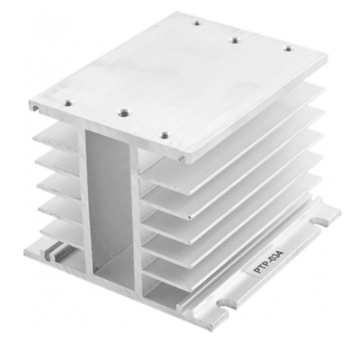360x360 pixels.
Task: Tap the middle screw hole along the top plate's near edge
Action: point(123,113)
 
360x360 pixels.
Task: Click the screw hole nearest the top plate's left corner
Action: point(68,103)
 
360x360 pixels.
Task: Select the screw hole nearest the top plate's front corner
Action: point(164,135)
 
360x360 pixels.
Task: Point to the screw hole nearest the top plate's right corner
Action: point(288,49)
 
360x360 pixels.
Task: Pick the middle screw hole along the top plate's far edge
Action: point(235,40)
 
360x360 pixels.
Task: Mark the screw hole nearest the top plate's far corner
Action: point(196,22)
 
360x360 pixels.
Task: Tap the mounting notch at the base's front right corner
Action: point(225,304)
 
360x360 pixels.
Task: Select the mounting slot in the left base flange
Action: point(48,255)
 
